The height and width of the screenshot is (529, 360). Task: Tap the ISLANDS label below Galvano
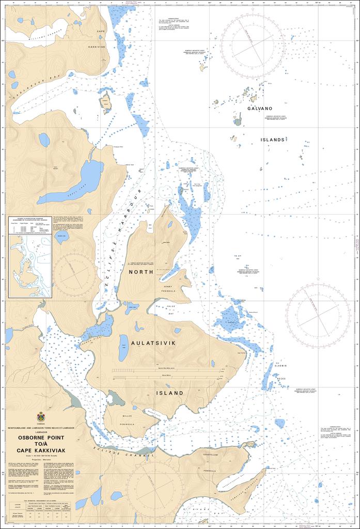pos(272,140)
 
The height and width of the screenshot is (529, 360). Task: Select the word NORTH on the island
pos(141,272)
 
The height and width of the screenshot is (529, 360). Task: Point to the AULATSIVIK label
pos(154,343)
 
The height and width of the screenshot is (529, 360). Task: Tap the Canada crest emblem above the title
pos(41,416)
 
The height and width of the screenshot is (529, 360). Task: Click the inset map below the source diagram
pos(30,266)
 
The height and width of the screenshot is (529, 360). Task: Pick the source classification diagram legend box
pos(30,226)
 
